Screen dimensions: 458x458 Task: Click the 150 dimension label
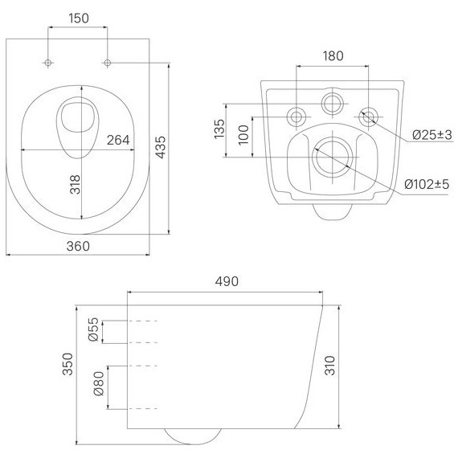(79, 18)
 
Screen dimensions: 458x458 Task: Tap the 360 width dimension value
(78, 246)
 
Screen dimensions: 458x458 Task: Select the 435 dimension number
(161, 147)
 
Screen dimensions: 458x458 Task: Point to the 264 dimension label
(118, 140)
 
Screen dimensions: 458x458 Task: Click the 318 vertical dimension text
(75, 185)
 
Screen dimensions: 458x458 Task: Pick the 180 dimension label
(333, 55)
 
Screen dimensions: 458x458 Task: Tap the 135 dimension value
(219, 129)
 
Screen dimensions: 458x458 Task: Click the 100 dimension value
(243, 135)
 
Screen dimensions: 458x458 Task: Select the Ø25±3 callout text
(432, 135)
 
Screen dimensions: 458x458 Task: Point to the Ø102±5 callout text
(427, 184)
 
